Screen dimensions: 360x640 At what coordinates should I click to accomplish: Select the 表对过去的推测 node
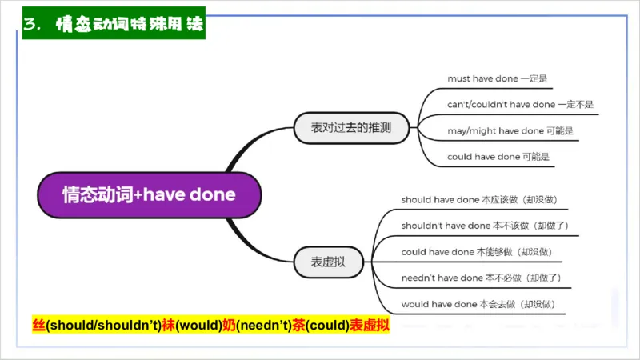pyautogui.click(x=353, y=126)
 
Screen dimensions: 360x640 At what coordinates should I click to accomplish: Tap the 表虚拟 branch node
pyautogui.click(x=329, y=261)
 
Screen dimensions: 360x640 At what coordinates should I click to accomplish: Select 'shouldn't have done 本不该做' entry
pyautogui.click(x=485, y=226)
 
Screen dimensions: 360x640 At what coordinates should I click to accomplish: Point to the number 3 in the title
pyautogui.click(x=30, y=25)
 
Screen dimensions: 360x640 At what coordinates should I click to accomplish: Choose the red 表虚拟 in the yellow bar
pyautogui.click(x=369, y=326)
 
